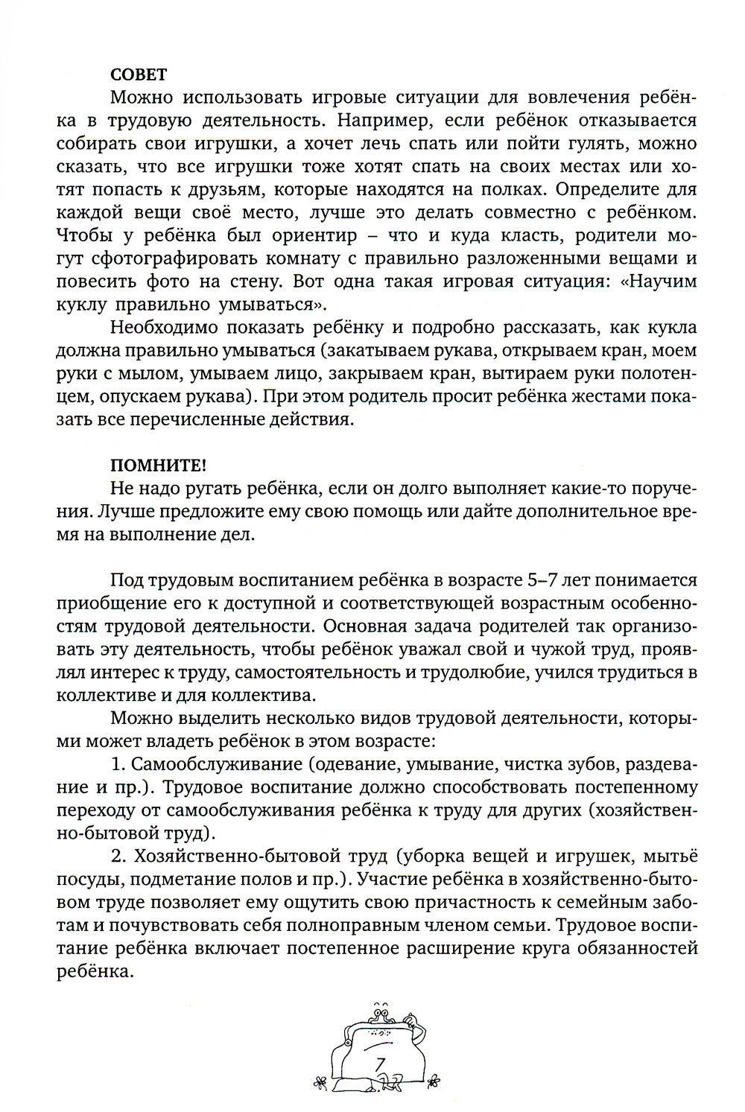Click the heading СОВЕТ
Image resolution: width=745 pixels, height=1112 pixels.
(x=139, y=74)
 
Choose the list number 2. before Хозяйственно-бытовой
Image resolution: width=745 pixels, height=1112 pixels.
(x=118, y=857)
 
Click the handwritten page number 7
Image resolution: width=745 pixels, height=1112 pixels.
(x=380, y=1066)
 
